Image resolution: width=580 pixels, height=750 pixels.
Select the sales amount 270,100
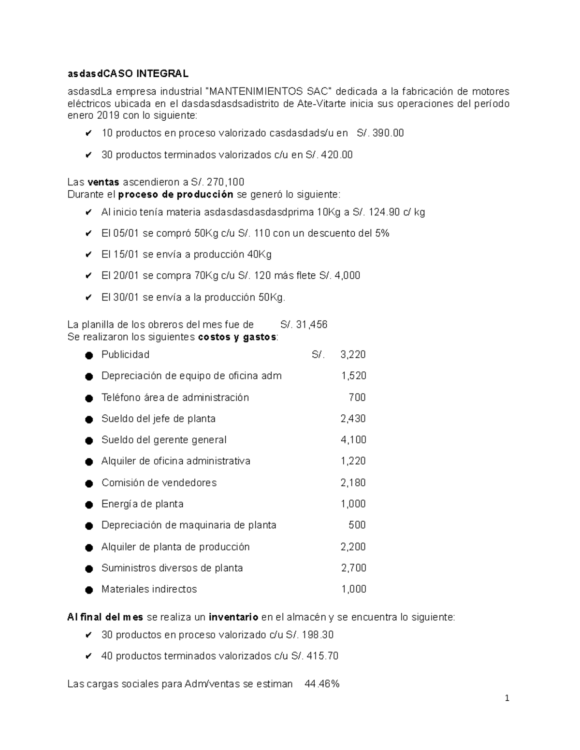tap(225, 182)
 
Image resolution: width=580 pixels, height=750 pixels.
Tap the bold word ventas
tap(103, 182)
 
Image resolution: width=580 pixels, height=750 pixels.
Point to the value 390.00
tap(388, 133)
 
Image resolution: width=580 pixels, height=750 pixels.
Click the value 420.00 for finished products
tap(336, 155)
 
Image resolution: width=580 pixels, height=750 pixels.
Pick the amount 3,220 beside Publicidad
tap(353, 354)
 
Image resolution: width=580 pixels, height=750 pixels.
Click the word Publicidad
tap(125, 354)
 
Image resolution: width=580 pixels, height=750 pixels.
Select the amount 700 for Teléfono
tap(357, 397)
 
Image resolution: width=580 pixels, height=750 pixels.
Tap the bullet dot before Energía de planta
tap(89, 505)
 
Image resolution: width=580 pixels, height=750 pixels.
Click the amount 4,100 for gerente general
tap(353, 440)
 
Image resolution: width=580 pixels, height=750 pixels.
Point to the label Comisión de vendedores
tap(159, 482)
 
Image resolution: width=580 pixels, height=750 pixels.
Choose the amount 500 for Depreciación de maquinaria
tap(357, 525)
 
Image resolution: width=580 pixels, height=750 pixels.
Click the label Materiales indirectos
tap(149, 589)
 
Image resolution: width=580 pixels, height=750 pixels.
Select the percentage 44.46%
tap(322, 684)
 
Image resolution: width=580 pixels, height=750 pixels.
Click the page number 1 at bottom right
tap(507, 698)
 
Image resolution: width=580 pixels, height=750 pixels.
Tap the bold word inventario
tap(233, 617)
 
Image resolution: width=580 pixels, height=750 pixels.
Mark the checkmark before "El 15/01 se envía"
tap(88, 255)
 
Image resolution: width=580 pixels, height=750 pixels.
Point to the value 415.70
tap(321, 656)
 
